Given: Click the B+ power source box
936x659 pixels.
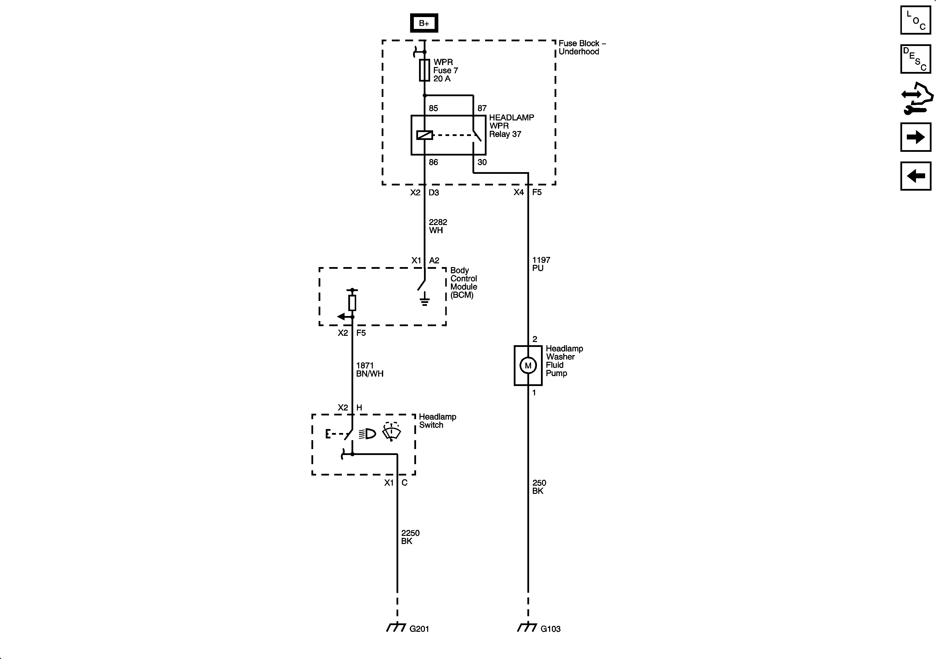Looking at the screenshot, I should (424, 23).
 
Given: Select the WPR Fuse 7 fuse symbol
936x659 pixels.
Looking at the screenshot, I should (424, 70).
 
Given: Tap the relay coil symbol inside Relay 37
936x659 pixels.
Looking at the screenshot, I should (424, 135).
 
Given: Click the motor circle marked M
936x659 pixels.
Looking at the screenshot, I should (528, 365).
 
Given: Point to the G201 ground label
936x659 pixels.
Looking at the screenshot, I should (419, 629).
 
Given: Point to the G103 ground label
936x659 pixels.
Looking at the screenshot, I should (550, 629).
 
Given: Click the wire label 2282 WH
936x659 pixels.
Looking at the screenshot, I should (438, 226).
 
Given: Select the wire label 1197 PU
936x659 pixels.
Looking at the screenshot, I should (541, 264).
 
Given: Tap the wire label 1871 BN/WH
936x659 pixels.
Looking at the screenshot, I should (369, 370).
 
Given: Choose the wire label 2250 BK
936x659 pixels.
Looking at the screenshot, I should (410, 537).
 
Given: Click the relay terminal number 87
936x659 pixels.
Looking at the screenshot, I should (482, 108).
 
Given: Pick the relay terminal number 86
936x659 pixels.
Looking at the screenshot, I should (433, 162).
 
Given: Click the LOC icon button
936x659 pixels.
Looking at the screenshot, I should (916, 20).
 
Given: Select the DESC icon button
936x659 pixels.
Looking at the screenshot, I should (916, 59).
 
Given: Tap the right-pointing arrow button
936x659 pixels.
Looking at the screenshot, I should (916, 137).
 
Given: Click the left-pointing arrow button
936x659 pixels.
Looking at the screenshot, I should (916, 176).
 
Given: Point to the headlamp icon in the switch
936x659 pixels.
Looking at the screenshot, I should (368, 434).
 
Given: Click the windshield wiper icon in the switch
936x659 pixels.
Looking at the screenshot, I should (391, 432).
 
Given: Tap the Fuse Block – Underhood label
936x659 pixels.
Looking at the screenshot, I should (582, 47).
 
